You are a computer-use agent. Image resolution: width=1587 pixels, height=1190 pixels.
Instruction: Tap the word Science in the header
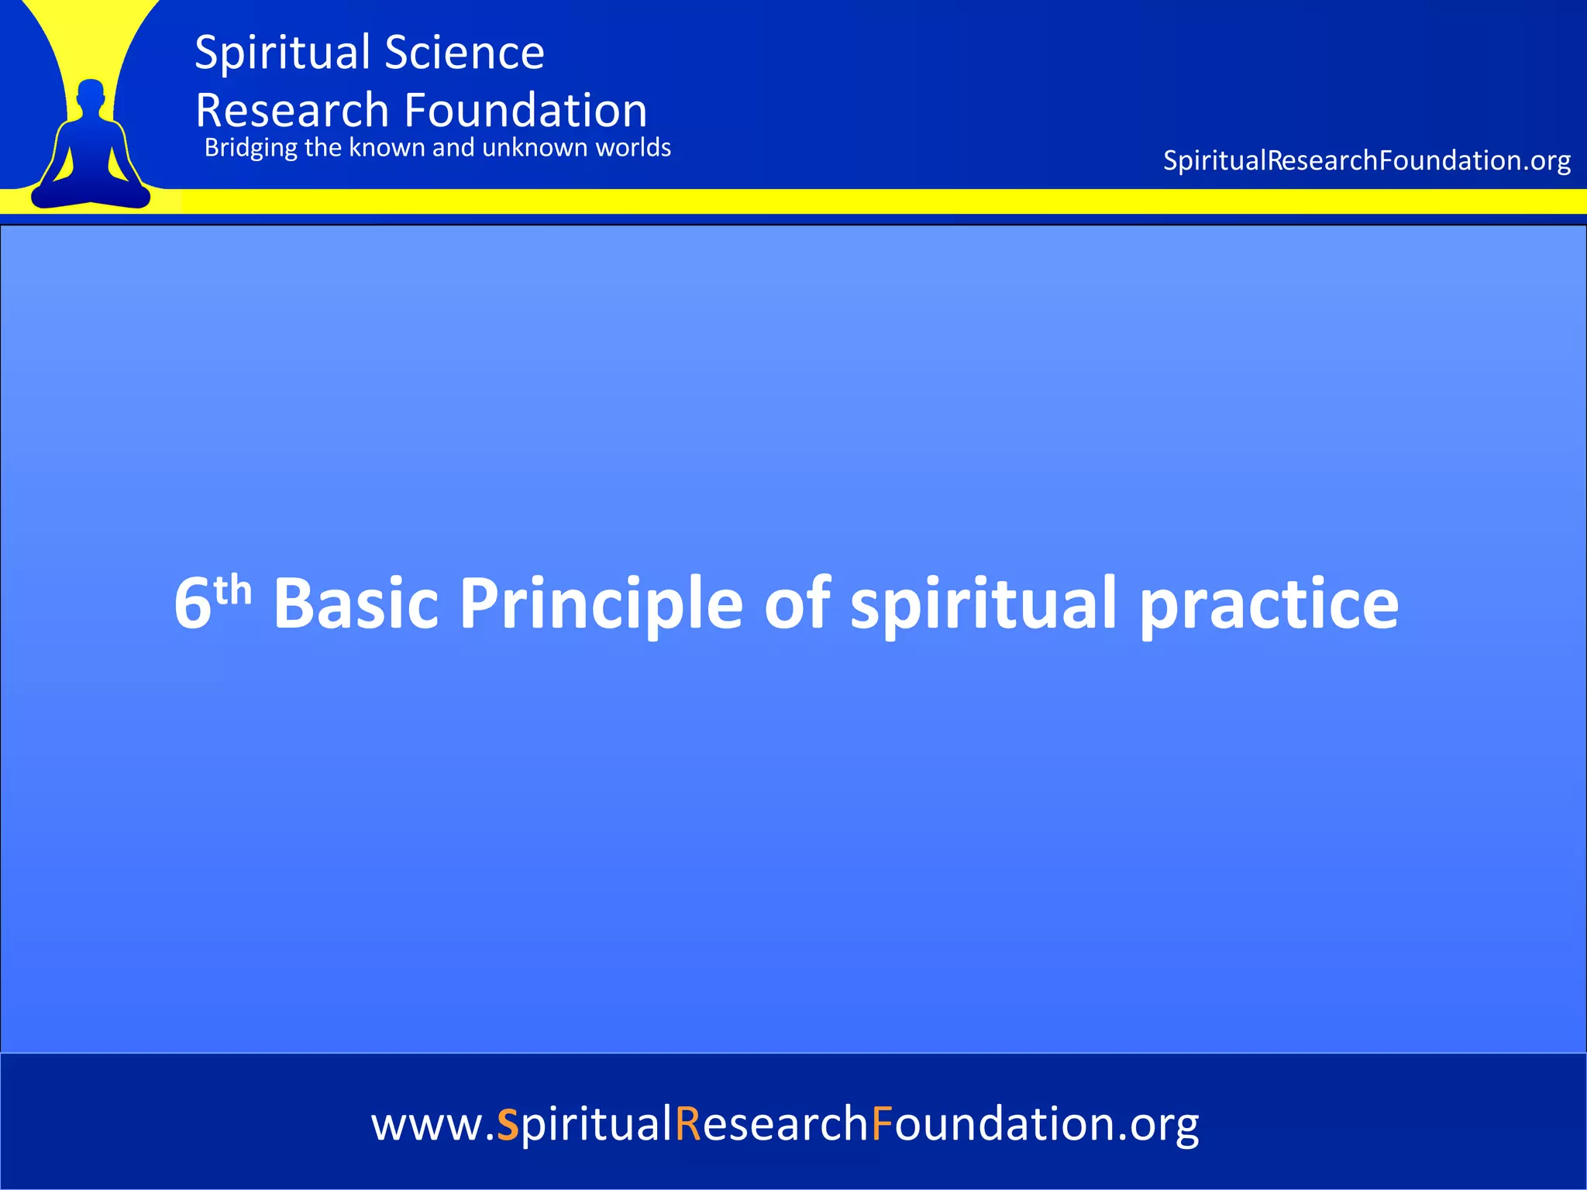point(464,53)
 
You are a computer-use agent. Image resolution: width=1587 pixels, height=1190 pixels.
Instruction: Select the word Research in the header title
point(291,111)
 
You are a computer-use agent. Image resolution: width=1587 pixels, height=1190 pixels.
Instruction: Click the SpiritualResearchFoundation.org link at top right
point(1366,160)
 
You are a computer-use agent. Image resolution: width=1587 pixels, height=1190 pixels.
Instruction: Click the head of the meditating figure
point(91,95)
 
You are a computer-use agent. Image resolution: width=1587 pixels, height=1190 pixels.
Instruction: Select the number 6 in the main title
point(192,604)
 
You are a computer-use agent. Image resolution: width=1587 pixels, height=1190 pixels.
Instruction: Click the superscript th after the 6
point(233,591)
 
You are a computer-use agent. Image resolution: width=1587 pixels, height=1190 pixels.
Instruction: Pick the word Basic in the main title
point(356,604)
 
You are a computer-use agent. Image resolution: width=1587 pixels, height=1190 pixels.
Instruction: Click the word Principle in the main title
point(601,605)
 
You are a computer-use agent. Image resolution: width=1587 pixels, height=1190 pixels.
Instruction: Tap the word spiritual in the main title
point(983,605)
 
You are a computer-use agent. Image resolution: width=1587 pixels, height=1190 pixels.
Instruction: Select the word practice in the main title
point(1269,605)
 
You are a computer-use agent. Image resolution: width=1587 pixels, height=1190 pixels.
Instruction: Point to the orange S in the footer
point(508,1124)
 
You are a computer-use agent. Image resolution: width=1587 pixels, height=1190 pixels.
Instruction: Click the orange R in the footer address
point(688,1124)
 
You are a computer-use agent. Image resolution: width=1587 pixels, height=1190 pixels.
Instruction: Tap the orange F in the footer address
point(882,1124)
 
